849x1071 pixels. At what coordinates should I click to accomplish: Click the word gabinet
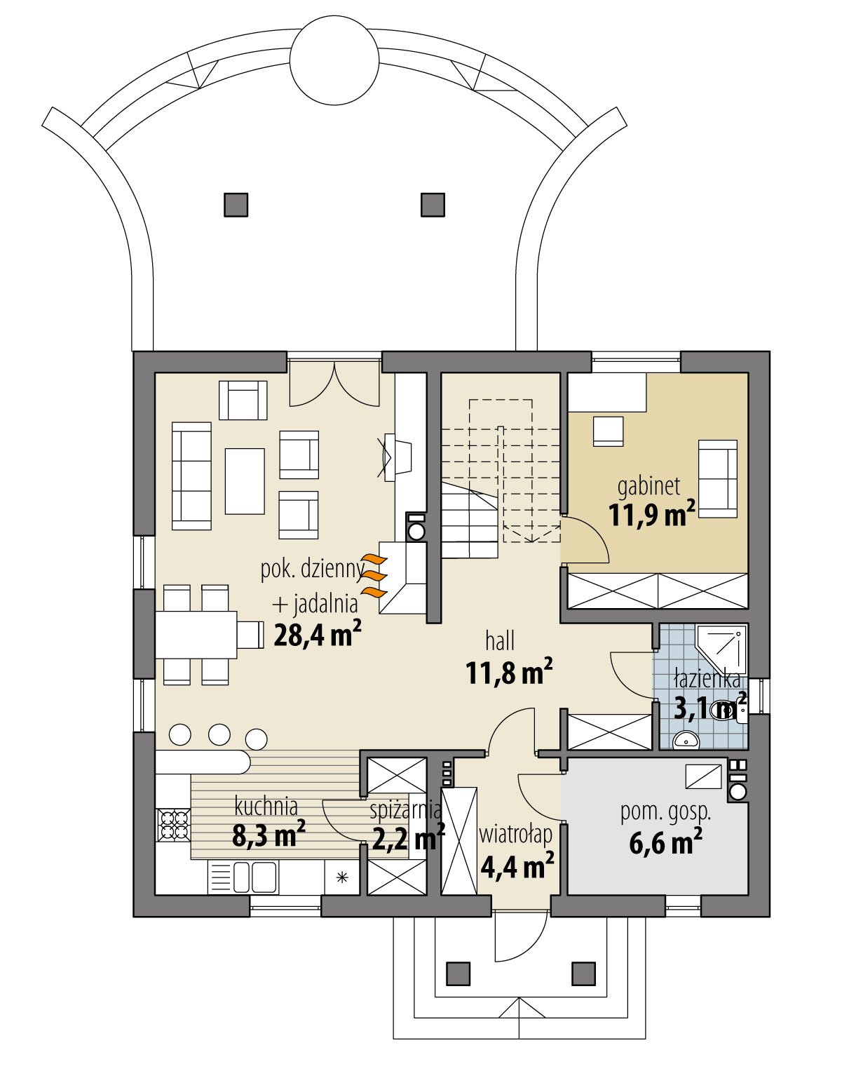tap(648, 485)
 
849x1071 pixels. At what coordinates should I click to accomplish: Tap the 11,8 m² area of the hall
tap(508, 673)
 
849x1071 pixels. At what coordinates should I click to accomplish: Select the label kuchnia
tap(266, 807)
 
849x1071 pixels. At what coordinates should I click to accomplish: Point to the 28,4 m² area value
tap(317, 635)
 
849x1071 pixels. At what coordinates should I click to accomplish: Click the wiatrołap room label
tap(515, 835)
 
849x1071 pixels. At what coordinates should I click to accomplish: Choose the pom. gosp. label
tap(665, 811)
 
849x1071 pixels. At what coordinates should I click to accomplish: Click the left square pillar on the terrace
tap(236, 205)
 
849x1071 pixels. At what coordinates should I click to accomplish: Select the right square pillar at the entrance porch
tap(583, 974)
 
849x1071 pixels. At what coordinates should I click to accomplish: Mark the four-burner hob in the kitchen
tap(174, 825)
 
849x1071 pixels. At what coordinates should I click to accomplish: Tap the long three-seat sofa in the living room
tap(191, 476)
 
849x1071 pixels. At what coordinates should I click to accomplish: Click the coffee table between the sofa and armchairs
tap(245, 481)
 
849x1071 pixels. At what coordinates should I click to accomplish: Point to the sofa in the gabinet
tap(718, 478)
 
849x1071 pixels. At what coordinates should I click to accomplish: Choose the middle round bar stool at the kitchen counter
tap(219, 734)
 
